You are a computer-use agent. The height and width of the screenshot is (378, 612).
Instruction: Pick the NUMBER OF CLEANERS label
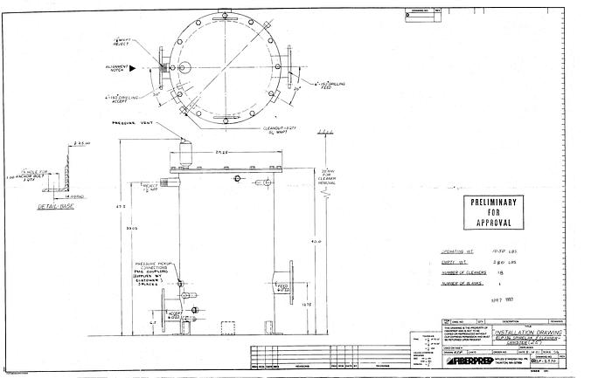(x=464, y=271)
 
